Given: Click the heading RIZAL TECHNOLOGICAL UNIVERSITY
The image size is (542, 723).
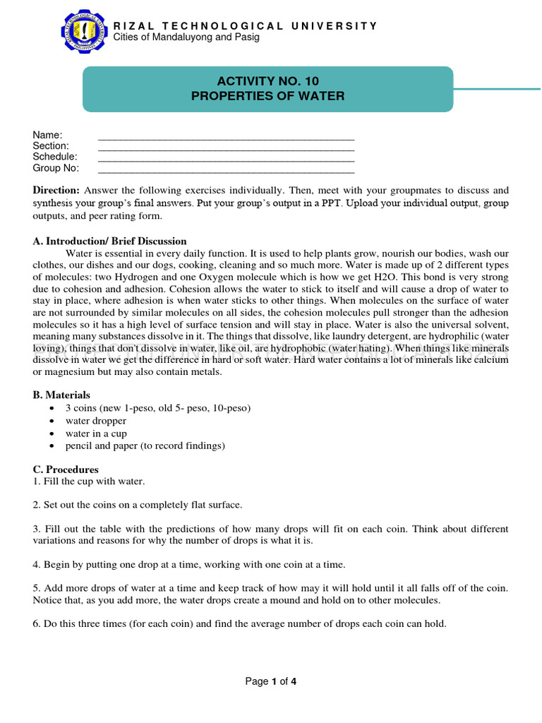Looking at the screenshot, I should click(246, 26).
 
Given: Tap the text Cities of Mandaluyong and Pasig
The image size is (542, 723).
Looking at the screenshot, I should click(186, 37).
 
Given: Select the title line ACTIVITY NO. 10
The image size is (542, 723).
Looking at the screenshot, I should click(267, 81).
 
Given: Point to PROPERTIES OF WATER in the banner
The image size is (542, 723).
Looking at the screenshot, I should click(267, 96).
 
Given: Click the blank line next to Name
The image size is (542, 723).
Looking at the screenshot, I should click(226, 136).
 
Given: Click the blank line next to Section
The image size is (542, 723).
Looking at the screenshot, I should click(226, 146).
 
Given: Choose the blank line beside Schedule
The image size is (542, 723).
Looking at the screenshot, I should click(226, 157).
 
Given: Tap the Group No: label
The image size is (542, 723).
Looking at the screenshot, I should click(56, 168).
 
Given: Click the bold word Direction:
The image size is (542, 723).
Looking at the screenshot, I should click(56, 191).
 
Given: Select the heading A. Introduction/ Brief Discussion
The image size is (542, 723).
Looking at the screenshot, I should click(110, 241).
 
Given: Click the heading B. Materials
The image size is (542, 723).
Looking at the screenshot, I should click(61, 395).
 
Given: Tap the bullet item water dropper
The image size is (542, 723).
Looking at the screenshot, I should click(96, 421).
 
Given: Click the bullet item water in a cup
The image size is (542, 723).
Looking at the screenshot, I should click(96, 434).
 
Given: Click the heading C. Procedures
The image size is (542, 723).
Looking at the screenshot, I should click(66, 470).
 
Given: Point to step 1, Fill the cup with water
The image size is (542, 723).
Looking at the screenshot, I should click(89, 482).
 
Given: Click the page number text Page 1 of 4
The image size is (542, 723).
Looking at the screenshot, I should click(271, 681).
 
